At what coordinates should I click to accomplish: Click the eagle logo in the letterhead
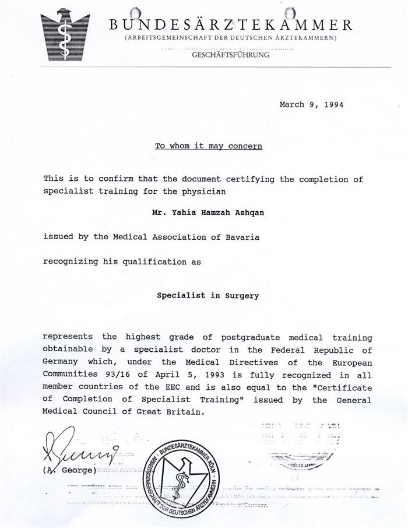point(65,35)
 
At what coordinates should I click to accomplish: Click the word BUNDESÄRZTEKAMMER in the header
point(230,25)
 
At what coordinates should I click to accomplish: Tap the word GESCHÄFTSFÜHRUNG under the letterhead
point(230,55)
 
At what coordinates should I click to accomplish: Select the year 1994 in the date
point(331,105)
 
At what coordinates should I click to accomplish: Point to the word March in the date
point(292,105)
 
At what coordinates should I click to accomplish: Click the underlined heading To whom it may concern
point(208,146)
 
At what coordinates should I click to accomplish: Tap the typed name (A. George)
point(69,470)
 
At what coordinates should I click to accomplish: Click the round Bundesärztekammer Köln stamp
point(185,478)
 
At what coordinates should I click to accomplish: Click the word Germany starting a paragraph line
point(60,363)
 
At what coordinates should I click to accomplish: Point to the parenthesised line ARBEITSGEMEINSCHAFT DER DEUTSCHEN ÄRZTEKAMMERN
point(230,38)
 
